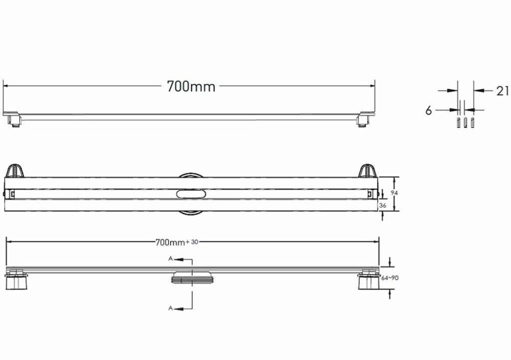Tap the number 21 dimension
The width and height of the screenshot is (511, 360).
click(502, 91)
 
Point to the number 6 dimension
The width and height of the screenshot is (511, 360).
click(428, 111)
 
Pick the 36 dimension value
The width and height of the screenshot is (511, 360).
click(382, 206)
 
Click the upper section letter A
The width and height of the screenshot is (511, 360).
click(170, 259)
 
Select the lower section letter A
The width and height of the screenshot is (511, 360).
click(170, 309)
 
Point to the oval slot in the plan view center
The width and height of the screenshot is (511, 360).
click(191, 193)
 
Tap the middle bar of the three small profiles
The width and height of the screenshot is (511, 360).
click(465, 122)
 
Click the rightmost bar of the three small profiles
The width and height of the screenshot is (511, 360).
click(472, 122)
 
